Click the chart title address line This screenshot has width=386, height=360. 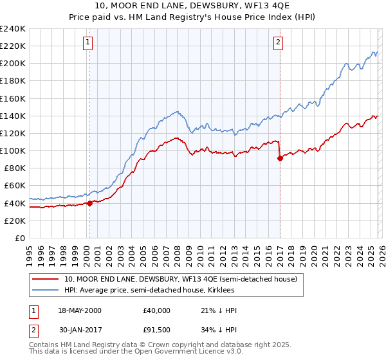click(192, 6)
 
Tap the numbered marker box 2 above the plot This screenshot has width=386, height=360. click(278, 43)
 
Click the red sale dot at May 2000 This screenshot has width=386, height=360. click(89, 203)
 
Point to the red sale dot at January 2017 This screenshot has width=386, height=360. click(280, 159)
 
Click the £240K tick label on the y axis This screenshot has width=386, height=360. click(13, 29)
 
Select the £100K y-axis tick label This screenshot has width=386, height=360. click(13, 150)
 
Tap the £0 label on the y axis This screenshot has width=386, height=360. click(19, 238)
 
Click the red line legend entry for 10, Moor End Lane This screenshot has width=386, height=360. click(180, 279)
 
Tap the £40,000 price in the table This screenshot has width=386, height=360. click(157, 310)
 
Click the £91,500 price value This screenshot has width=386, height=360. click(157, 331)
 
